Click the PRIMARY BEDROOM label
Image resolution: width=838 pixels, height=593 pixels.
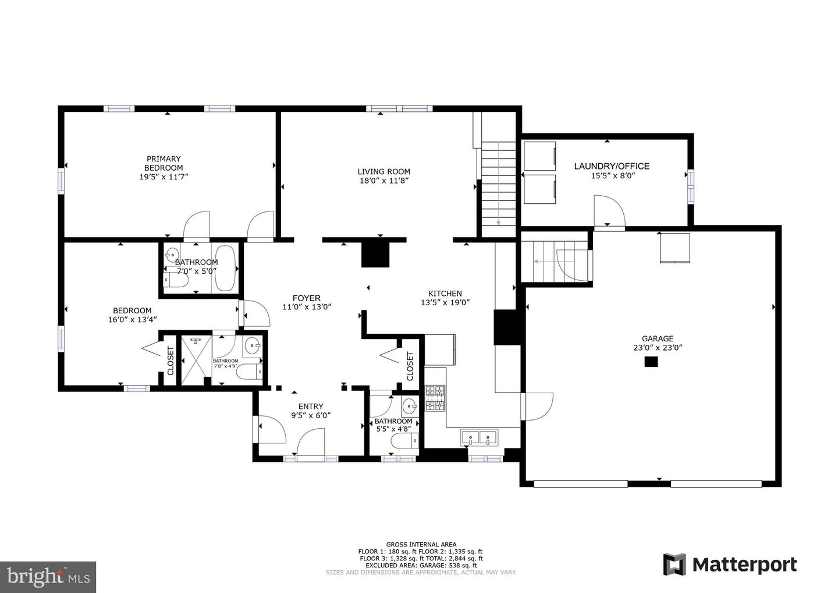point(164,163)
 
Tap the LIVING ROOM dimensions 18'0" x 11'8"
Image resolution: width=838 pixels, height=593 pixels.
point(384,181)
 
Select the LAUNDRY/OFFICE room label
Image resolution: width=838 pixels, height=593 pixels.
point(612,166)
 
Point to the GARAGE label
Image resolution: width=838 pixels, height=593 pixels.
point(658,338)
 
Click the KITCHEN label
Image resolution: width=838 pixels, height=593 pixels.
point(445,294)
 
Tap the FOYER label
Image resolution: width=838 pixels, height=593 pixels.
point(306,298)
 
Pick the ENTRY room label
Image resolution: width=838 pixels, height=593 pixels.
point(311,406)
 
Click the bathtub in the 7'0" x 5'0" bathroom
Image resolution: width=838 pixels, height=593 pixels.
point(225,268)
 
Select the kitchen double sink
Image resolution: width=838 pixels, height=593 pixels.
point(480,437)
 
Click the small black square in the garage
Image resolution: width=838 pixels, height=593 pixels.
point(651,361)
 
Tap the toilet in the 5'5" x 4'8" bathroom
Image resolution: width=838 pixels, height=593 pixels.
point(405,440)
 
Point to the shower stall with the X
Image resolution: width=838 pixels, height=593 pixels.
point(196,360)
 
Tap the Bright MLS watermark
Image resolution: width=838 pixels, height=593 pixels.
point(48,577)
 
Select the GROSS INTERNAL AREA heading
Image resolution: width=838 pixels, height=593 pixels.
point(421,544)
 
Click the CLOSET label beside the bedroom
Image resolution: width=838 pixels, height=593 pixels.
point(171,361)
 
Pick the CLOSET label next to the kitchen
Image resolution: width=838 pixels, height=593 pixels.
point(410,366)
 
